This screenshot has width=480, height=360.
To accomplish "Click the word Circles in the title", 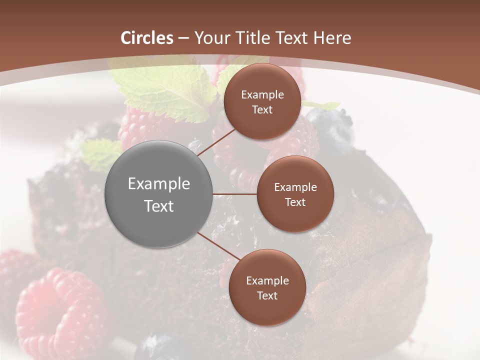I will point(147,38).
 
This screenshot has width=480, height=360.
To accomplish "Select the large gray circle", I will point(158,194).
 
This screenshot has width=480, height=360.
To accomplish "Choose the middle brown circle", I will point(295,194).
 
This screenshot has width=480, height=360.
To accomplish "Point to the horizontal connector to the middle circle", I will point(234,194).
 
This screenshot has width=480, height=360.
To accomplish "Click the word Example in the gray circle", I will point(158,184).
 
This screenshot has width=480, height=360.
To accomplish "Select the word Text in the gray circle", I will point(158,206).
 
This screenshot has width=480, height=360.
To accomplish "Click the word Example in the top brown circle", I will point(262,95).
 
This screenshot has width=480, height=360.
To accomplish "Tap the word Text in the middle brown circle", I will point(295,202).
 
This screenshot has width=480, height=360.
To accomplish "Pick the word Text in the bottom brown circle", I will point(267,295).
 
